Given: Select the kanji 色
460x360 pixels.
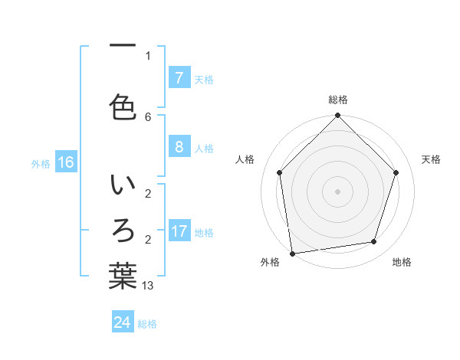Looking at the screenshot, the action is point(123,106).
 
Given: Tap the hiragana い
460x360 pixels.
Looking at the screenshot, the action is point(123,187).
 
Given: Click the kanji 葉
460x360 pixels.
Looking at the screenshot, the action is point(123,275).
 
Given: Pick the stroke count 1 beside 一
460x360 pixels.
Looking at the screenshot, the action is point(148,55).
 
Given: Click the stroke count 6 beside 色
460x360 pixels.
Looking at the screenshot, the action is point(148,116).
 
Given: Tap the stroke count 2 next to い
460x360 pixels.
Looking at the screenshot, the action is point(148,193).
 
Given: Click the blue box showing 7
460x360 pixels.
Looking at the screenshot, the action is point(179,78).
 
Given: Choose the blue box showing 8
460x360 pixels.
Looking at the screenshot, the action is point(179,147).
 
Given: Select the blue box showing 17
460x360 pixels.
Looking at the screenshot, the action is point(179,231).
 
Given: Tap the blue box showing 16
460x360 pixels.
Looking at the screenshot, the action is point(65,162).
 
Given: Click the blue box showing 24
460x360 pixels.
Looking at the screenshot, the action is point(123,322).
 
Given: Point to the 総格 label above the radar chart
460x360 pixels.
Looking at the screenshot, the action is point(338,100).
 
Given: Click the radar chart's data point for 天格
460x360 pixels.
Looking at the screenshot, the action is point(396,172).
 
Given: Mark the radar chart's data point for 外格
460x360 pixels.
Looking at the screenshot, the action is point(292,253).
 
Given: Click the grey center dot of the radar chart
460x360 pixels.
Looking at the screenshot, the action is point(338,191).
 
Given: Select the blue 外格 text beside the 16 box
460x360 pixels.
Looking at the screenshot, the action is point(41,163).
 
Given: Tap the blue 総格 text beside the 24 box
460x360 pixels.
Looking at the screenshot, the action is point(147,324).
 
